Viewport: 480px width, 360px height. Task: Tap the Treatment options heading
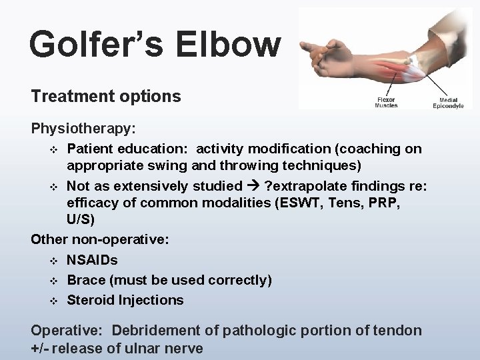click(105, 97)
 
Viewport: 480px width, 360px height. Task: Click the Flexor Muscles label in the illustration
click(387, 102)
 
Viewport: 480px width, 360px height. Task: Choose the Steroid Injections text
click(125, 300)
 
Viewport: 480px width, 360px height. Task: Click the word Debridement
click(158, 330)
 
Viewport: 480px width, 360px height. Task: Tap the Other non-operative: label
click(99, 241)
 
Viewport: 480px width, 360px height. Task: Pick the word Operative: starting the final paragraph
click(67, 330)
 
